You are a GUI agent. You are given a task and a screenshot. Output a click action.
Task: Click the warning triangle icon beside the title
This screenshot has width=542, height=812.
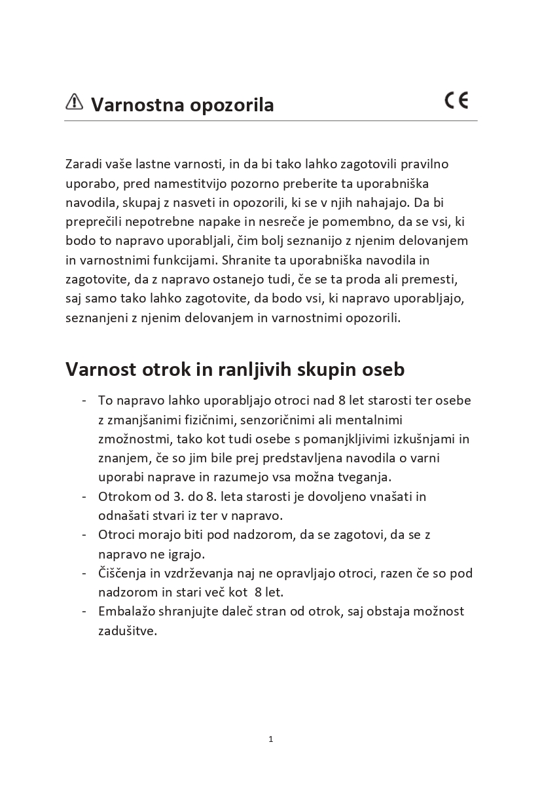pos(74,102)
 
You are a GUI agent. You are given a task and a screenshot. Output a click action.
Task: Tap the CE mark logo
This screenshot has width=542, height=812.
pos(456,100)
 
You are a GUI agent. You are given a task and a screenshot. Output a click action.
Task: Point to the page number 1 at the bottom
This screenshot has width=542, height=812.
pos(271,739)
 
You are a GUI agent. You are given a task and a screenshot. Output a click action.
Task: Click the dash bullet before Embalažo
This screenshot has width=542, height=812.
pos(85,611)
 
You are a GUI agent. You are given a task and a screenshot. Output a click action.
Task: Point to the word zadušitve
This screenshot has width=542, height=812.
pos(128,631)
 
